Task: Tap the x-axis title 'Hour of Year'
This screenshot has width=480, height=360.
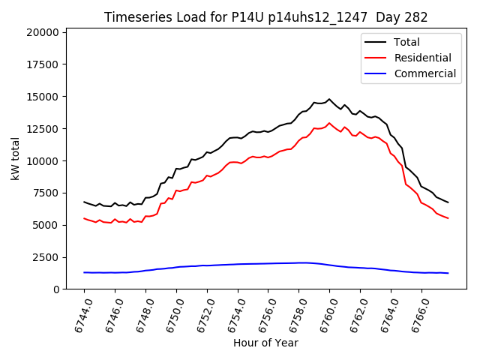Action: [x=265, y=343]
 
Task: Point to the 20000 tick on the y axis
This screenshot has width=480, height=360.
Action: [x=41, y=32]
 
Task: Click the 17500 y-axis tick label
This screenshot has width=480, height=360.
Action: [x=41, y=64]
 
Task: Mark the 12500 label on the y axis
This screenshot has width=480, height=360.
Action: [x=41, y=129]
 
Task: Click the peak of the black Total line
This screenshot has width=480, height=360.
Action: [x=329, y=99]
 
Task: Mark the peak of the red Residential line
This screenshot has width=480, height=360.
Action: [x=329, y=123]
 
